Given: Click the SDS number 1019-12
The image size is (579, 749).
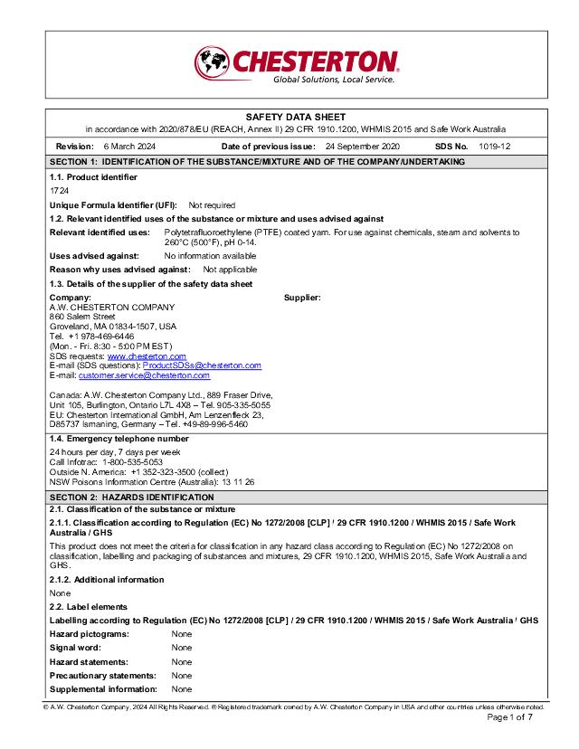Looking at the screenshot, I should pos(495,146).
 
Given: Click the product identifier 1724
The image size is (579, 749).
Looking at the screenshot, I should pos(59,191).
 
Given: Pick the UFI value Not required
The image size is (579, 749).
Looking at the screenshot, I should pos(212,205).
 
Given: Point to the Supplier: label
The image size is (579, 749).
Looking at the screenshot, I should pos(302,298).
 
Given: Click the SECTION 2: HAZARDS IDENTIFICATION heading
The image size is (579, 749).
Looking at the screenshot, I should pos(131,498).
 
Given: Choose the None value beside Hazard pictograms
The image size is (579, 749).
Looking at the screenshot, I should pos(182,634).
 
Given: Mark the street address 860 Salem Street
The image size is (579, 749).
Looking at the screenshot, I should pos(82,317).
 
